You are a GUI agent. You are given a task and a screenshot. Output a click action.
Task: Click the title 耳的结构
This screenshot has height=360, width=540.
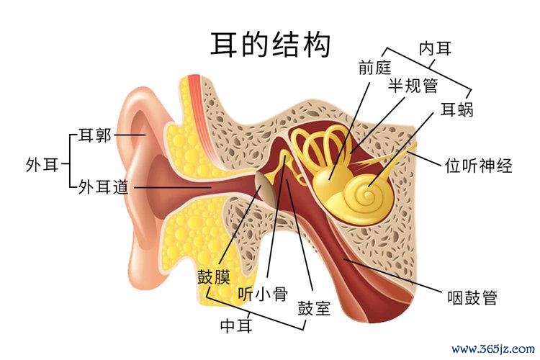pyautogui.click(x=270, y=45)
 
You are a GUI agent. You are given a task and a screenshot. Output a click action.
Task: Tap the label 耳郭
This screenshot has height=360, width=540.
pyautogui.click(x=95, y=135)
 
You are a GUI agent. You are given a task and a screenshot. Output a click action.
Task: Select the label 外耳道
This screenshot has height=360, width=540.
pyautogui.click(x=103, y=187)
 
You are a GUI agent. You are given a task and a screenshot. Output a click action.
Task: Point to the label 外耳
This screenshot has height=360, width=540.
pyautogui.click(x=42, y=165)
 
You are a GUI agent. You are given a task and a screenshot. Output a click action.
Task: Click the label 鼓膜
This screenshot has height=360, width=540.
pyautogui.click(x=214, y=276)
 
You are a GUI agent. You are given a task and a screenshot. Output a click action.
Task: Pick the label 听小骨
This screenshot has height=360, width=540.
pyautogui.click(x=263, y=294)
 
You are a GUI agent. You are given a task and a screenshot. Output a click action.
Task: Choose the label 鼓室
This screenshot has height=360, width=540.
pyautogui.click(x=314, y=308)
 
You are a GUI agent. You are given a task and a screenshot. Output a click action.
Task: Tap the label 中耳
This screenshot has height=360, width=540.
pyautogui.click(x=236, y=325)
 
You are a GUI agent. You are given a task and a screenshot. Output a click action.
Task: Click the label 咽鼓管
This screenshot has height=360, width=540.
pyautogui.click(x=472, y=297)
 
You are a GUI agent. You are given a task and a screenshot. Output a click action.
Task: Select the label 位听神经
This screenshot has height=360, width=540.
pyautogui.click(x=478, y=166)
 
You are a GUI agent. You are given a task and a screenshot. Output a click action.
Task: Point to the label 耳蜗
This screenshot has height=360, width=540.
pyautogui.click(x=457, y=109)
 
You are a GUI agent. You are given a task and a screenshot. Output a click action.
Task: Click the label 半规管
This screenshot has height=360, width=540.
pyautogui.click(x=413, y=85)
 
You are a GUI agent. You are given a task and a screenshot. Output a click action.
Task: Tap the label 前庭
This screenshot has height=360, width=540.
pyautogui.click(x=374, y=67)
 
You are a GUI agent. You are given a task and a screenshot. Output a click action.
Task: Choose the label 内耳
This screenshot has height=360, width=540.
pyautogui.click(x=435, y=48)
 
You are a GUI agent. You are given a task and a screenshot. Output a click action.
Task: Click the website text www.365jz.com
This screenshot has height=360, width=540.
pyautogui.click(x=493, y=349)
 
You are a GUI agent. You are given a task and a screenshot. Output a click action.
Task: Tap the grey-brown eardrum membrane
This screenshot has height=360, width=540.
pyautogui.click(x=264, y=189)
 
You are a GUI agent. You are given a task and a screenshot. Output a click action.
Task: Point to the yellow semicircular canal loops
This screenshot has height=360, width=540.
pyautogui.click(x=320, y=145)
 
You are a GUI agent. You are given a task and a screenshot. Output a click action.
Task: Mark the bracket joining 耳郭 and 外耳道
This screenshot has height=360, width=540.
pyautogui.click(x=70, y=161)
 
